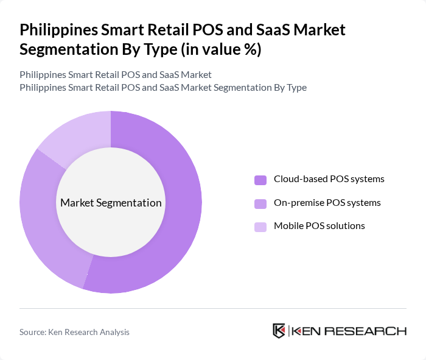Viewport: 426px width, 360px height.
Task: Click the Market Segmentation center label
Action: [x=111, y=203]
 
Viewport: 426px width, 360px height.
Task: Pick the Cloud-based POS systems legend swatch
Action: [x=260, y=180]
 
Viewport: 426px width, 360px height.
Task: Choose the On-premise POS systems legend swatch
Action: [x=260, y=203]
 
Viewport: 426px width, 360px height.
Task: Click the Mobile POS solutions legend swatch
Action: [x=260, y=227]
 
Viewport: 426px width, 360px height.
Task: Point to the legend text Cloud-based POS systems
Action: [x=329, y=179]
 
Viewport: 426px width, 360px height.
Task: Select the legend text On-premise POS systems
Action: [x=327, y=202]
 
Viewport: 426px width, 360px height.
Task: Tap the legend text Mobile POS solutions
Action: [x=319, y=226]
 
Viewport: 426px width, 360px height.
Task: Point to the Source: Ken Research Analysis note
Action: [x=74, y=332]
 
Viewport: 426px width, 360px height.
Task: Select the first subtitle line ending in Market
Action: [x=115, y=75]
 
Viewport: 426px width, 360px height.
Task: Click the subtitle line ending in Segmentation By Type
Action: [x=162, y=87]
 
